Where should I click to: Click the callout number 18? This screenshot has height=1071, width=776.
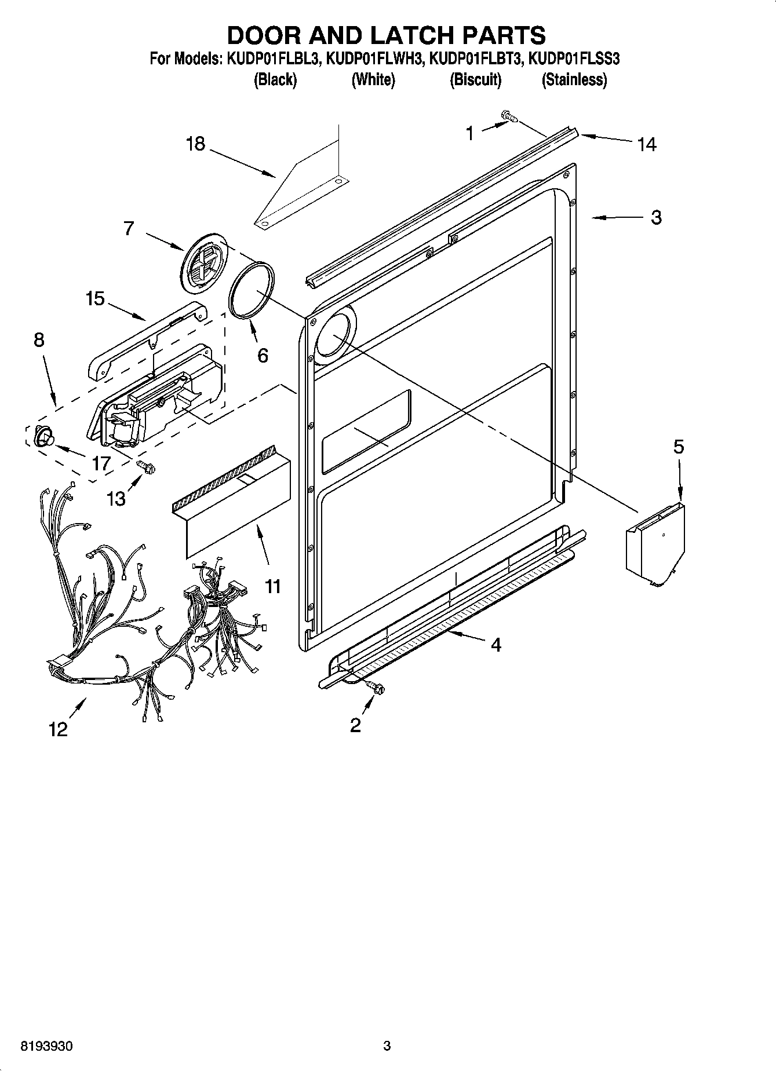[196, 143]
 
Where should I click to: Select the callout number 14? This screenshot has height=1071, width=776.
[646, 144]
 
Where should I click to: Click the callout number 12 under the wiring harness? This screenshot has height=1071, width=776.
[58, 729]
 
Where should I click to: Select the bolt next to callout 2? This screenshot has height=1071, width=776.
[376, 688]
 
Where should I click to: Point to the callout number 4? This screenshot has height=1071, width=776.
[496, 645]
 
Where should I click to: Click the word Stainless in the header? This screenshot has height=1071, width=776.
[574, 80]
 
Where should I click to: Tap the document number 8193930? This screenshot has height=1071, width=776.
[46, 1046]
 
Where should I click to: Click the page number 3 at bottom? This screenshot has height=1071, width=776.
[387, 1046]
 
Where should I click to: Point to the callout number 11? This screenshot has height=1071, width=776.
[272, 586]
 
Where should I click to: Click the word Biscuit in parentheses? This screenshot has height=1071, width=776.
[475, 80]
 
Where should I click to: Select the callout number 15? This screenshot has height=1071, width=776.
[95, 299]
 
